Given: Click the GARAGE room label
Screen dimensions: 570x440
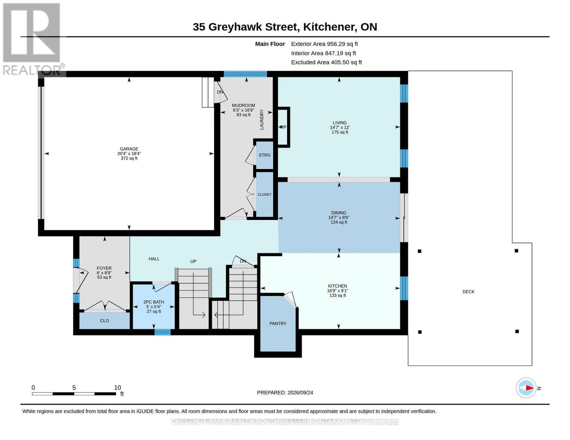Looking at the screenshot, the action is pos(129,148).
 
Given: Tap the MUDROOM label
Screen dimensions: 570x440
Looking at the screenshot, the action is pos(243,105).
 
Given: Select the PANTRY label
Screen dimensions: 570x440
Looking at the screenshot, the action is pos(278,323).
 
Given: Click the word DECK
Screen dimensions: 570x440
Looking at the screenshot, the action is pos(468,291).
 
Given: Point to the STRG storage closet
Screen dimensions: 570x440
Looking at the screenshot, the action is pos(264,155).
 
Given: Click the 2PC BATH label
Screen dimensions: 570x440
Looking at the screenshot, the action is pos(154,302).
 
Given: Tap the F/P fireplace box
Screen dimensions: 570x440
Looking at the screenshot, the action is pos(283,127).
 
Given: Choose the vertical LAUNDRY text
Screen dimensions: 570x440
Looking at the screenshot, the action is pos(262,120).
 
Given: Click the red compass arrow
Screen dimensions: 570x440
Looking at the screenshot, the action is pos(530,388).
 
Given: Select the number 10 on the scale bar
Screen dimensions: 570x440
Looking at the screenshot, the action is pos(117,388).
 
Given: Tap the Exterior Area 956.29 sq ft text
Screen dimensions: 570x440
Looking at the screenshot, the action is pos(324,44).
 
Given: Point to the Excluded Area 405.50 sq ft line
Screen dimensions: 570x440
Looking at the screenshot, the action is pos(326,62).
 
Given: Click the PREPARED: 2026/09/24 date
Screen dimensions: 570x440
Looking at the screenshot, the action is pos(285,393).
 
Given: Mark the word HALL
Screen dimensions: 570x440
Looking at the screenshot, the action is pos(154,259).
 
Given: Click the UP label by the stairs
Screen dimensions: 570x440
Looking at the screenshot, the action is pos(193,261).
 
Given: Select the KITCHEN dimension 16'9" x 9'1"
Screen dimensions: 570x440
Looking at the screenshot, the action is pos(338,291).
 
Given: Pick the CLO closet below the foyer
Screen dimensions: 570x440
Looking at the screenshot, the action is pos(104,321).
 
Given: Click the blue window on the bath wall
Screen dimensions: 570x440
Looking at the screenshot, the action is pos(162,332).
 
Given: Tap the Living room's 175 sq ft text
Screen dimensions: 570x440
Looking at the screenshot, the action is pos(340,132).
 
